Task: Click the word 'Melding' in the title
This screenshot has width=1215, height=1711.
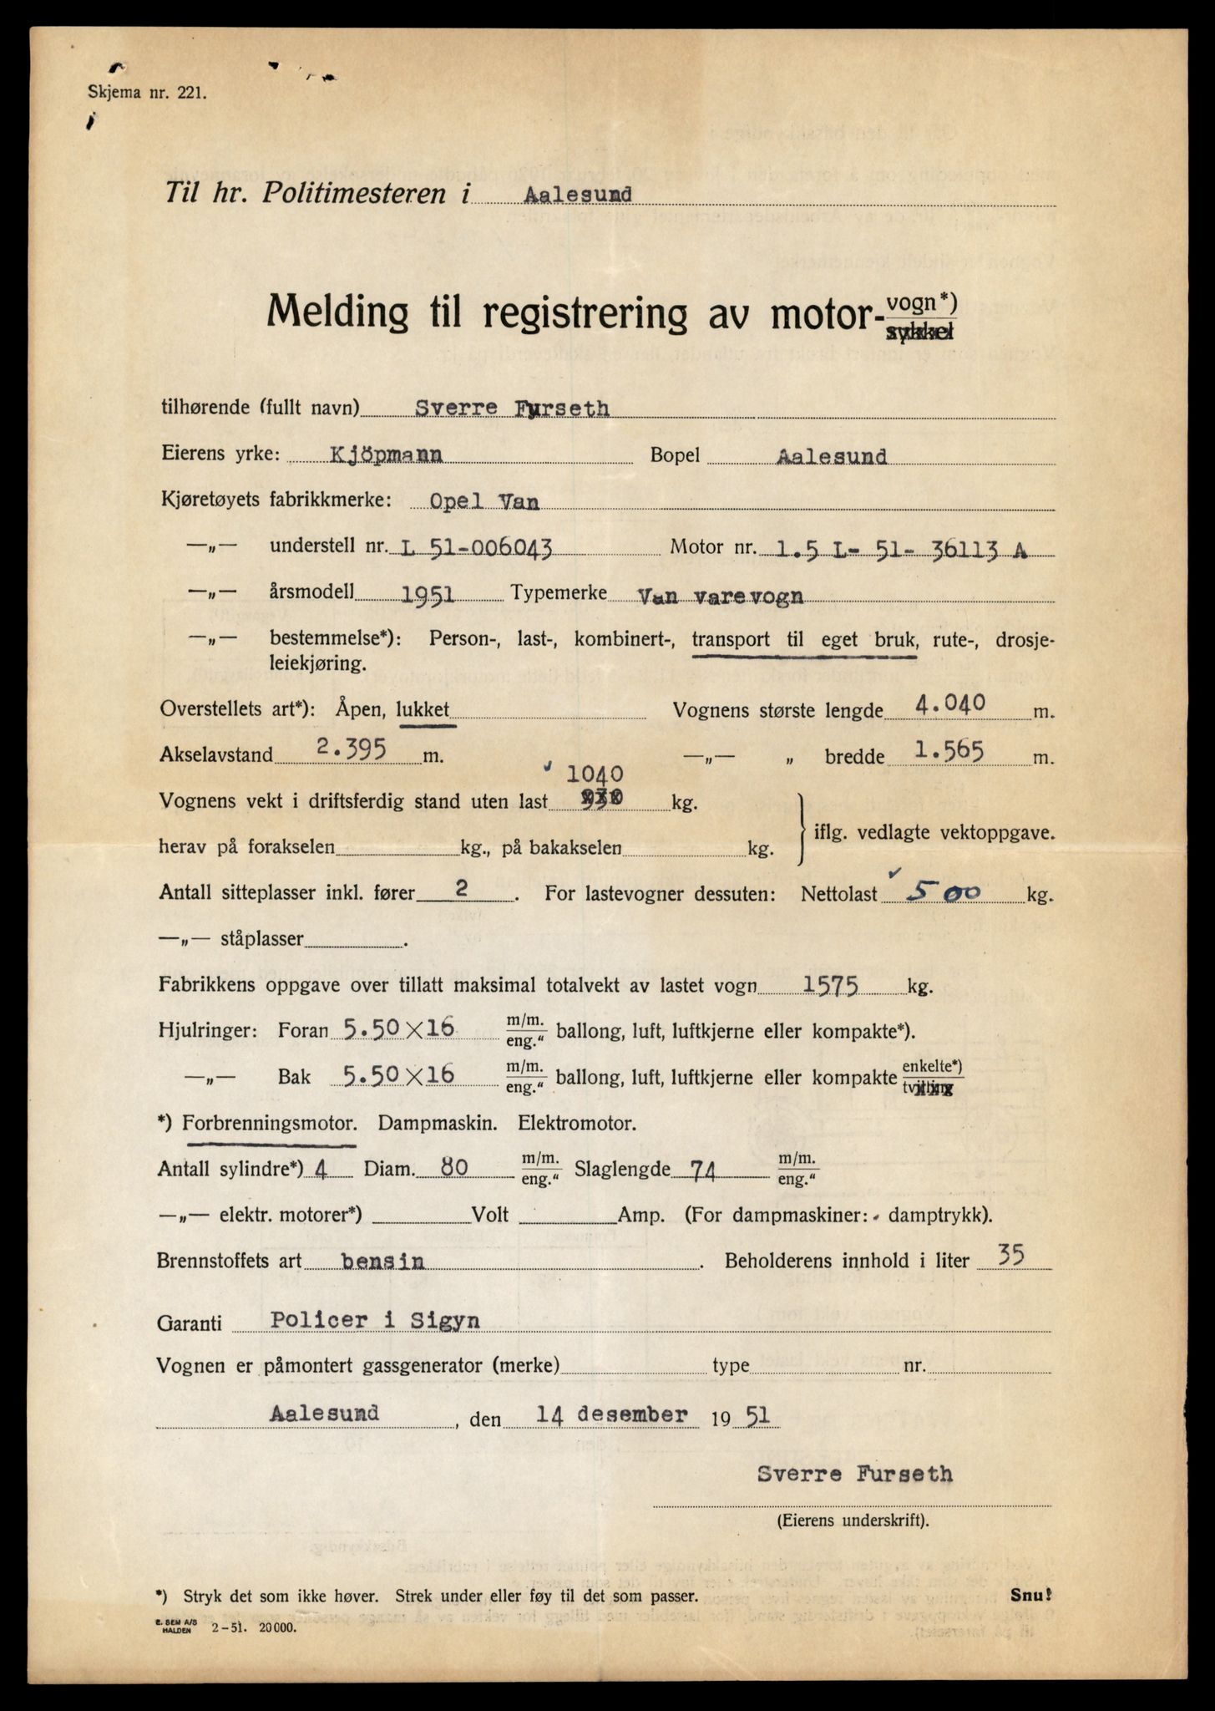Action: point(338,315)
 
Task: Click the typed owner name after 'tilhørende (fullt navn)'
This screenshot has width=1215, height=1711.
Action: point(513,409)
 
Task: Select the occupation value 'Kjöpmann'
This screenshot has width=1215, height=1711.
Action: point(386,455)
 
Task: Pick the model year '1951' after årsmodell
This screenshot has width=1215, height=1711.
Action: point(427,594)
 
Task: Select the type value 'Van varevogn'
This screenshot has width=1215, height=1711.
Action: point(720,595)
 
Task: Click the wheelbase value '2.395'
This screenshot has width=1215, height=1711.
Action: point(350,749)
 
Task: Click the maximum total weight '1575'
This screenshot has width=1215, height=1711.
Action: point(830,985)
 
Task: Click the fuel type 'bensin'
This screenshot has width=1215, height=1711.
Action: point(382,1262)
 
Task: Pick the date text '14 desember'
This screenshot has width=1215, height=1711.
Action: point(611,1414)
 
